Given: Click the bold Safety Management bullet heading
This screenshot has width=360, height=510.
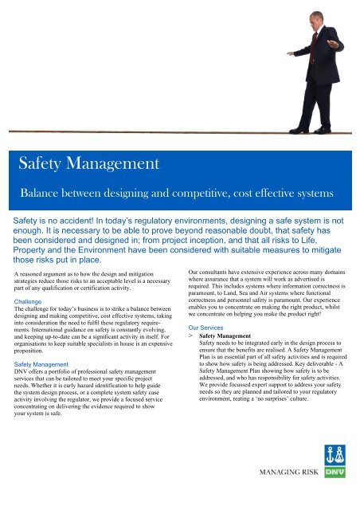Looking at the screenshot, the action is coord(233,337).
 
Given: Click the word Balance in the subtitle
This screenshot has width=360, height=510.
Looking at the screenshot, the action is coord(45,193).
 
